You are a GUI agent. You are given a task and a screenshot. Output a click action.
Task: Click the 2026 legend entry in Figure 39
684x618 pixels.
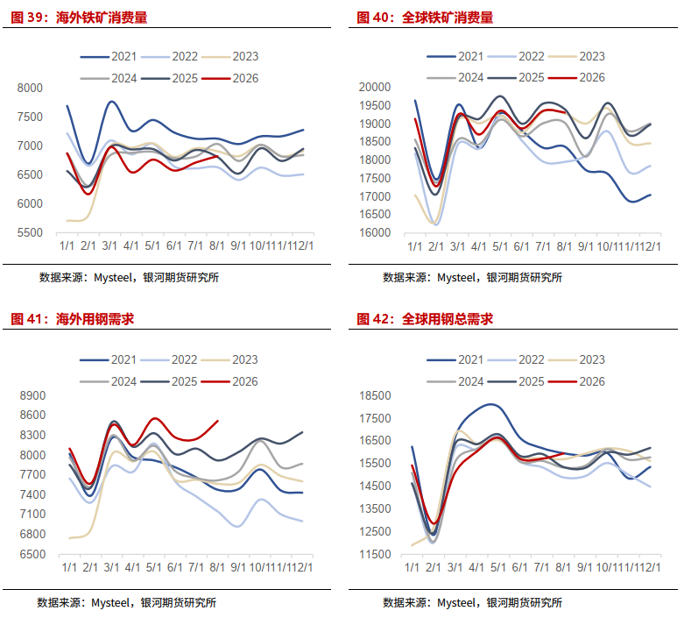(230, 78)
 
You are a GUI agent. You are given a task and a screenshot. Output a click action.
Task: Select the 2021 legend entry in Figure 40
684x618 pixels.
(455, 56)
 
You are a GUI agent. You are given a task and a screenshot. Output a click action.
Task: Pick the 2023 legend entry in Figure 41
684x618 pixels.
(229, 359)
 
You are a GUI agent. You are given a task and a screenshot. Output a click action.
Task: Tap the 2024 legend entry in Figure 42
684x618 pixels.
(455, 381)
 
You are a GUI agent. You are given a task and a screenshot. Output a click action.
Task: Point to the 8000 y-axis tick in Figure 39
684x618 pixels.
(30, 88)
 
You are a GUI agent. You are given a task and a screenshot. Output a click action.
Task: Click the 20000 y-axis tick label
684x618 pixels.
(375, 87)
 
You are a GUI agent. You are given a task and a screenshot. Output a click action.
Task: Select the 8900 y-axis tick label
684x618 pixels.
(32, 395)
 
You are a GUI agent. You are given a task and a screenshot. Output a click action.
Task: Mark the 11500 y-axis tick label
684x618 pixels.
(375, 554)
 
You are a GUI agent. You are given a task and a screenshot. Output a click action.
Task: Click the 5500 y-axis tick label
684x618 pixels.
(30, 232)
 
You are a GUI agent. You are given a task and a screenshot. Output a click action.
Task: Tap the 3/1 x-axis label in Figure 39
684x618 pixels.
(109, 246)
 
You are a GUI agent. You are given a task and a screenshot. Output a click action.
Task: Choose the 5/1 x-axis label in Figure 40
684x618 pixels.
(500, 247)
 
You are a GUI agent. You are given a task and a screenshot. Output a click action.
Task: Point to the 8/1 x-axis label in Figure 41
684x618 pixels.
(217, 567)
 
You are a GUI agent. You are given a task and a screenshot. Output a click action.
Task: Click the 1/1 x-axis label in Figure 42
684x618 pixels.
(412, 567)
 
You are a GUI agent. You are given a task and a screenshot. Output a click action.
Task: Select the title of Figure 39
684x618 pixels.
(79, 18)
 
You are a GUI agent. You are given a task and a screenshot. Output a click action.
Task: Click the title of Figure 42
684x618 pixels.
(425, 319)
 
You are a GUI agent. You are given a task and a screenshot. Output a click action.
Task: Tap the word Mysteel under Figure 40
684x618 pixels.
(456, 278)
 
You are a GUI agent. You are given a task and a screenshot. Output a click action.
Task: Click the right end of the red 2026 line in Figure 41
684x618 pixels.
(218, 421)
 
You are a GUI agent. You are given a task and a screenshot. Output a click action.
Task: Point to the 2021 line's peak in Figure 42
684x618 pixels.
(490, 404)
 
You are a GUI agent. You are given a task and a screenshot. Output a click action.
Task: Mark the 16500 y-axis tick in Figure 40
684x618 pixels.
(375, 214)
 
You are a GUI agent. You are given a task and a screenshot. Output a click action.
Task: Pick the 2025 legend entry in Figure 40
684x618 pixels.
(516, 77)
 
